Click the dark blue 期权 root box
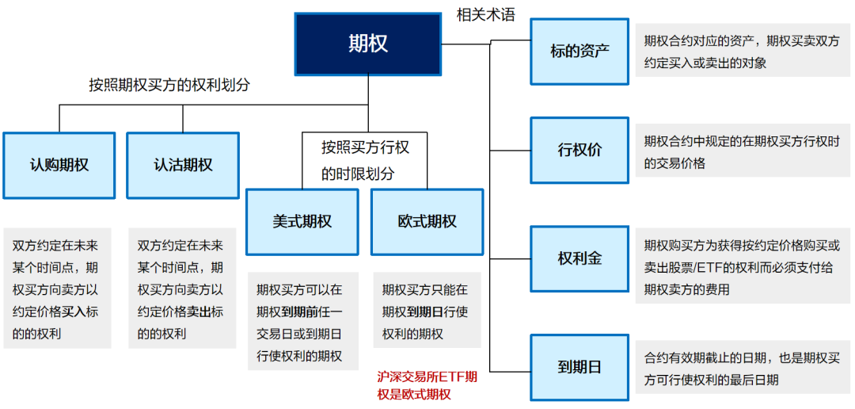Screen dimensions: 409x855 point(368,44)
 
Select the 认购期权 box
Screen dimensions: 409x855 point(59,165)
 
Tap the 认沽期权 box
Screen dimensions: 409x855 point(183,165)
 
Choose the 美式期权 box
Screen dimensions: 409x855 point(302,222)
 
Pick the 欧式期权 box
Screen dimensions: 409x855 point(427,222)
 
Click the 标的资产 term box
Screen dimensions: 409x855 point(579,52)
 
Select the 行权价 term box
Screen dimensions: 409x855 point(579,151)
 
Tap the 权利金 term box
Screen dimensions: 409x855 point(579,258)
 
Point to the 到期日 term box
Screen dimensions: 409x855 point(579,367)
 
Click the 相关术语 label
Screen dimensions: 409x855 point(485,14)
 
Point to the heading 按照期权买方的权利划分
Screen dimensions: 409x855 point(169,85)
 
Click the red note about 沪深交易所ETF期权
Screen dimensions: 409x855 point(427,385)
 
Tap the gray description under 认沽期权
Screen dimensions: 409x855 point(182,289)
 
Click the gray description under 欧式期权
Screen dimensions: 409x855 point(427,311)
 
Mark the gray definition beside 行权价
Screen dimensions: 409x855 point(742,151)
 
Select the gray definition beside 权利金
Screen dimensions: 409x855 point(742,267)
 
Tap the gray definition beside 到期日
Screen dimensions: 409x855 point(742,369)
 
